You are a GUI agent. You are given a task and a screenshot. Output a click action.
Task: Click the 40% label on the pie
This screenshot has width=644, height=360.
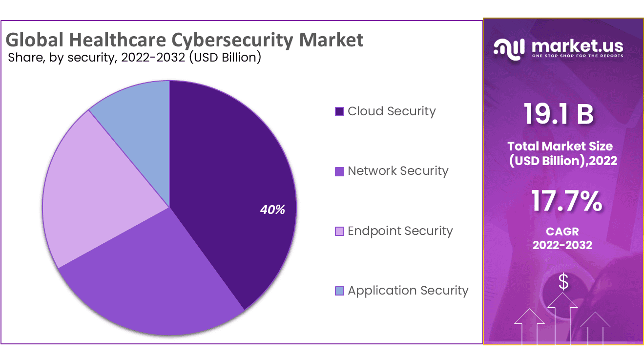(x=272, y=210)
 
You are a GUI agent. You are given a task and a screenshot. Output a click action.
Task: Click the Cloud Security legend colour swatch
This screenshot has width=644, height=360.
(x=339, y=111)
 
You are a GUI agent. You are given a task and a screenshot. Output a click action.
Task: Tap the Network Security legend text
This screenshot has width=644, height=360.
(x=398, y=171)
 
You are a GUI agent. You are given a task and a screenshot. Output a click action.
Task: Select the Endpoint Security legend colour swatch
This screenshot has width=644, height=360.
(x=339, y=231)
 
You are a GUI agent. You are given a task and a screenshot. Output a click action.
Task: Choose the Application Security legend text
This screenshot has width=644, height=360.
(x=408, y=291)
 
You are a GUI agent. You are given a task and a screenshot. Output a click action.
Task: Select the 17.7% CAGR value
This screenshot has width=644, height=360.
(x=566, y=201)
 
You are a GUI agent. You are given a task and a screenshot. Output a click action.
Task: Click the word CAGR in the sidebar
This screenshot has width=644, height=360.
(x=562, y=231)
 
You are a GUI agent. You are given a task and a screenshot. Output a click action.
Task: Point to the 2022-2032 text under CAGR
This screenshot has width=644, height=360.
(x=562, y=245)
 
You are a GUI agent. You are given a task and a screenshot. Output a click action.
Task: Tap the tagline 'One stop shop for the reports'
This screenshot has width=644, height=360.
(x=577, y=56)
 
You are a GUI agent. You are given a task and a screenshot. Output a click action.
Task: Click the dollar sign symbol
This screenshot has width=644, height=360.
(x=563, y=282)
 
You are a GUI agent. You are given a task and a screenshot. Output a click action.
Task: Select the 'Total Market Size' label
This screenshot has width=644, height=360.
(x=560, y=146)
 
